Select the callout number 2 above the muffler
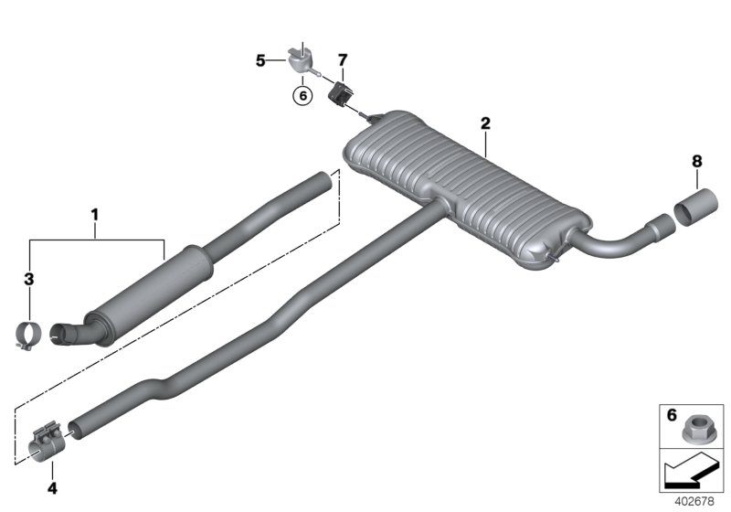click(485, 123)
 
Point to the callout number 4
click(52, 488)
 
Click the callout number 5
click(260, 60)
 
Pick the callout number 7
click(342, 60)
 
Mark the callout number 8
click(696, 161)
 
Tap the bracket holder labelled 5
click(299, 60)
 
